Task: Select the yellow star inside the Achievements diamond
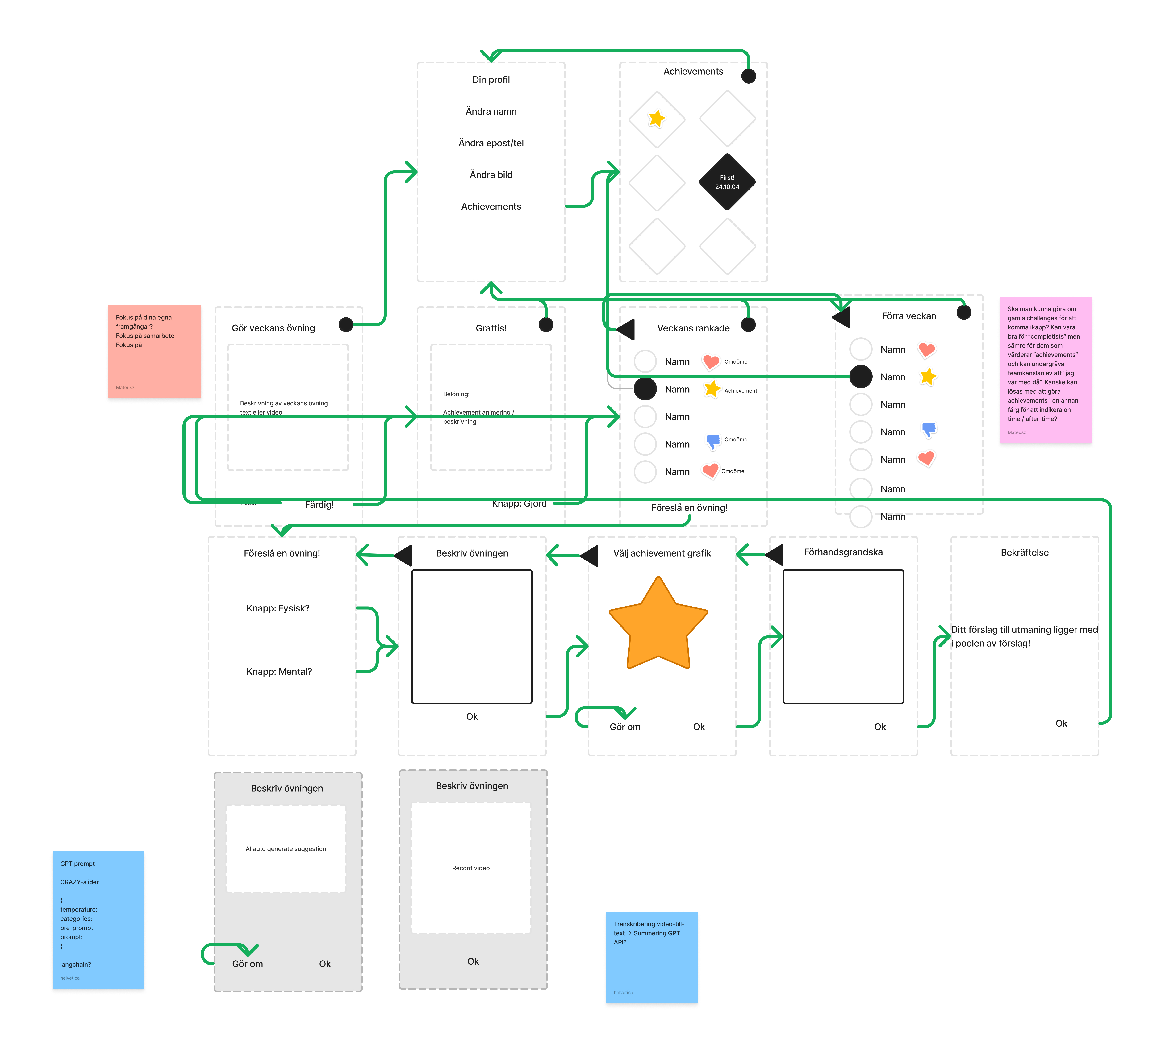657,119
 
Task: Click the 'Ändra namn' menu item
491,111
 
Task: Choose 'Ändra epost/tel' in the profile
491,143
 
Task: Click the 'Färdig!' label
319,504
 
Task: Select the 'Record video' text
470,868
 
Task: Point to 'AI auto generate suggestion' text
286,849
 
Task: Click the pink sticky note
1045,370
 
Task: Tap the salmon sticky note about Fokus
154,351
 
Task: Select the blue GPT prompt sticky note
98,920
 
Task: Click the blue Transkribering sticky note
651,957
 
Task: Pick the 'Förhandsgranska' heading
843,552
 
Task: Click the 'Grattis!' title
491,328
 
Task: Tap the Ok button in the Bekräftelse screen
1061,723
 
